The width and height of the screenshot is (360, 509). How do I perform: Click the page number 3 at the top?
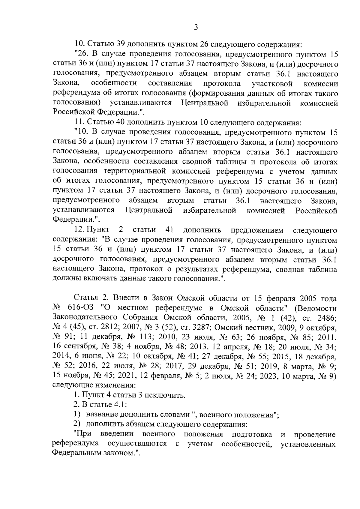point(196,28)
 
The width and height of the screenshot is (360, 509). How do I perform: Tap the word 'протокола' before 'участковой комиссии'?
point(222,84)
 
